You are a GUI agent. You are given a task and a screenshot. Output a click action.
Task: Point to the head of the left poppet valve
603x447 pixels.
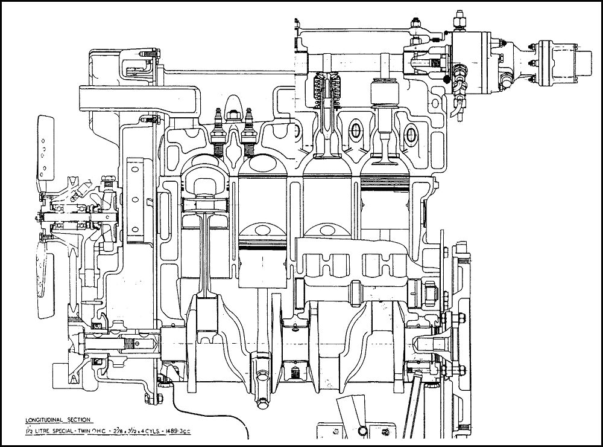(326, 158)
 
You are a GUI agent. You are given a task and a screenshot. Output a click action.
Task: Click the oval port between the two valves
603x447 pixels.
(355, 130)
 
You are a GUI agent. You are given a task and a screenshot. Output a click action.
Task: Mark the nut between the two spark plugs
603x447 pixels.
(233, 114)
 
